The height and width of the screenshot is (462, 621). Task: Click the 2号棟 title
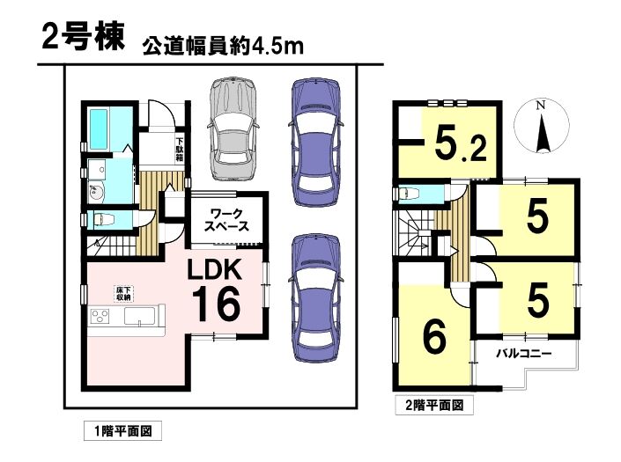pyautogui.click(x=83, y=39)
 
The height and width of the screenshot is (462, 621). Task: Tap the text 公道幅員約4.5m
pyautogui.click(x=223, y=47)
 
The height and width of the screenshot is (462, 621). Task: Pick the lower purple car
pyautogui.click(x=315, y=297)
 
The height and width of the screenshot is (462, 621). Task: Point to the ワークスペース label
pyautogui.click(x=226, y=220)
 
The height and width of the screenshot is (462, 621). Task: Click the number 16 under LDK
pyautogui.click(x=216, y=304)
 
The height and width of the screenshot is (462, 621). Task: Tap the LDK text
pyautogui.click(x=214, y=271)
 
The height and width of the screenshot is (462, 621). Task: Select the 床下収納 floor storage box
pyautogui.click(x=123, y=293)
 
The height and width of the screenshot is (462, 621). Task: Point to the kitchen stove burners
pyautogui.click(x=100, y=316)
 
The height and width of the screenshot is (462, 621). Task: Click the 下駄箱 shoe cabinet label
pyautogui.click(x=180, y=149)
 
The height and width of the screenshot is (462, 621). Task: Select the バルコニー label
pyautogui.click(x=524, y=353)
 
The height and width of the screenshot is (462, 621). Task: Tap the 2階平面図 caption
pyautogui.click(x=434, y=406)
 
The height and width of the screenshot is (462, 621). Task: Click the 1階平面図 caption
pyautogui.click(x=123, y=430)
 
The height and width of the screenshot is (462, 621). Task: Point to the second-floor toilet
pyautogui.click(x=409, y=194)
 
